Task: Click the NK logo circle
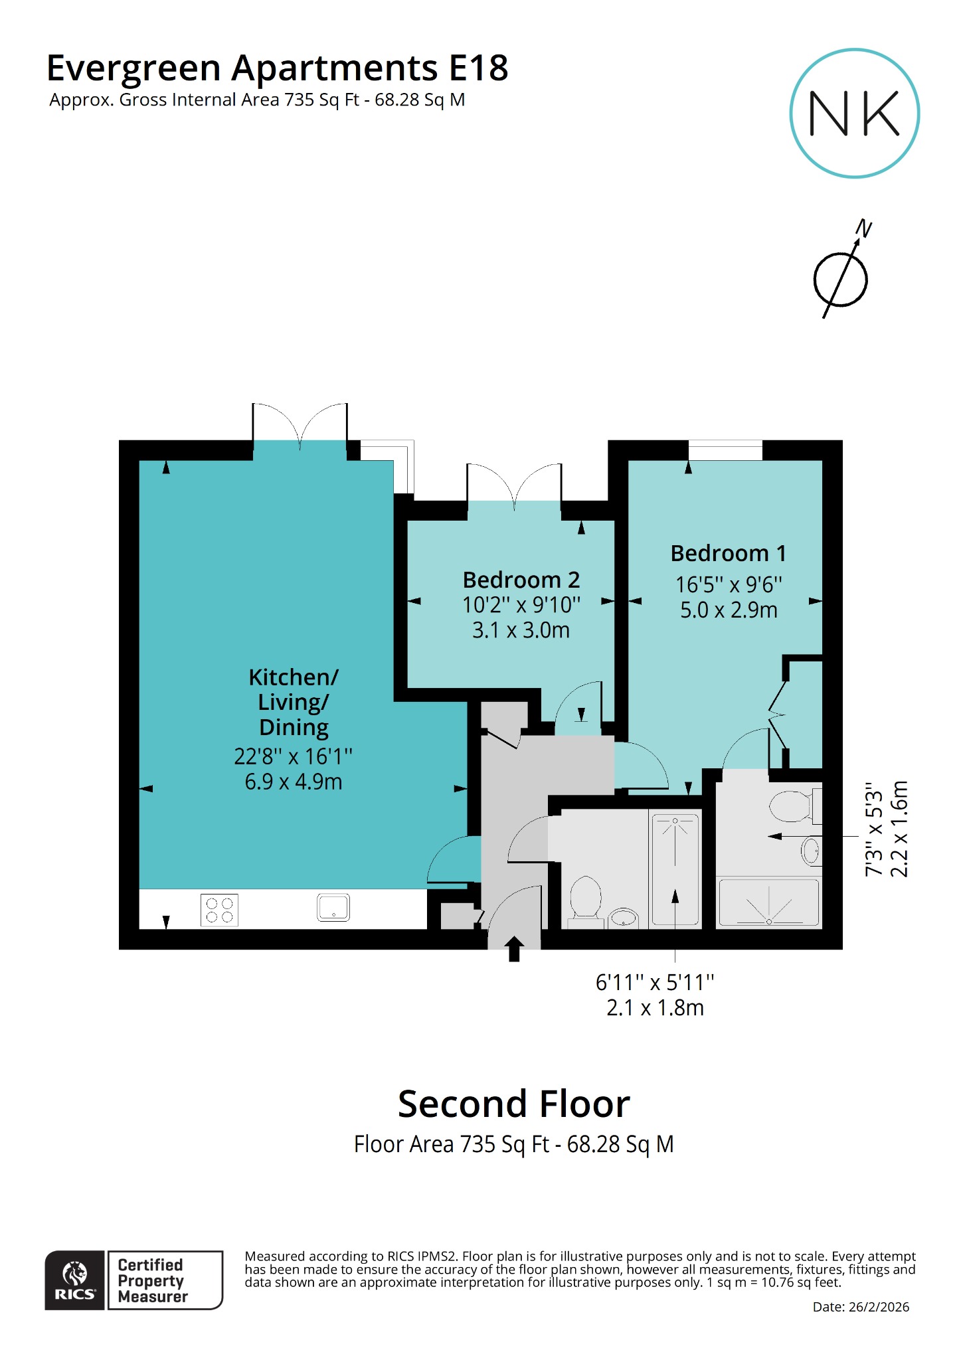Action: (854, 113)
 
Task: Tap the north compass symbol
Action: (841, 279)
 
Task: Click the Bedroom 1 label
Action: (728, 553)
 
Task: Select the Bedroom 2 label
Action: (521, 580)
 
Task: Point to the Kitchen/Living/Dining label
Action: (293, 702)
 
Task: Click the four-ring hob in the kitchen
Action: (219, 909)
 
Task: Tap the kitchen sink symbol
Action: (333, 907)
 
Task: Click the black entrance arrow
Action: (514, 948)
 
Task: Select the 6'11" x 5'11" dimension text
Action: (654, 982)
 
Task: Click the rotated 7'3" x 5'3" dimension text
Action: (874, 833)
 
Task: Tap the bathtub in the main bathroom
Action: (675, 870)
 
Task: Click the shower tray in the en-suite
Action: (769, 902)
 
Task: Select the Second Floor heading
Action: (513, 1104)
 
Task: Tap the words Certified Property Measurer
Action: (152, 1280)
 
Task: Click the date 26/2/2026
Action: (860, 1307)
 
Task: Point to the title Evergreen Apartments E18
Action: (277, 68)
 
